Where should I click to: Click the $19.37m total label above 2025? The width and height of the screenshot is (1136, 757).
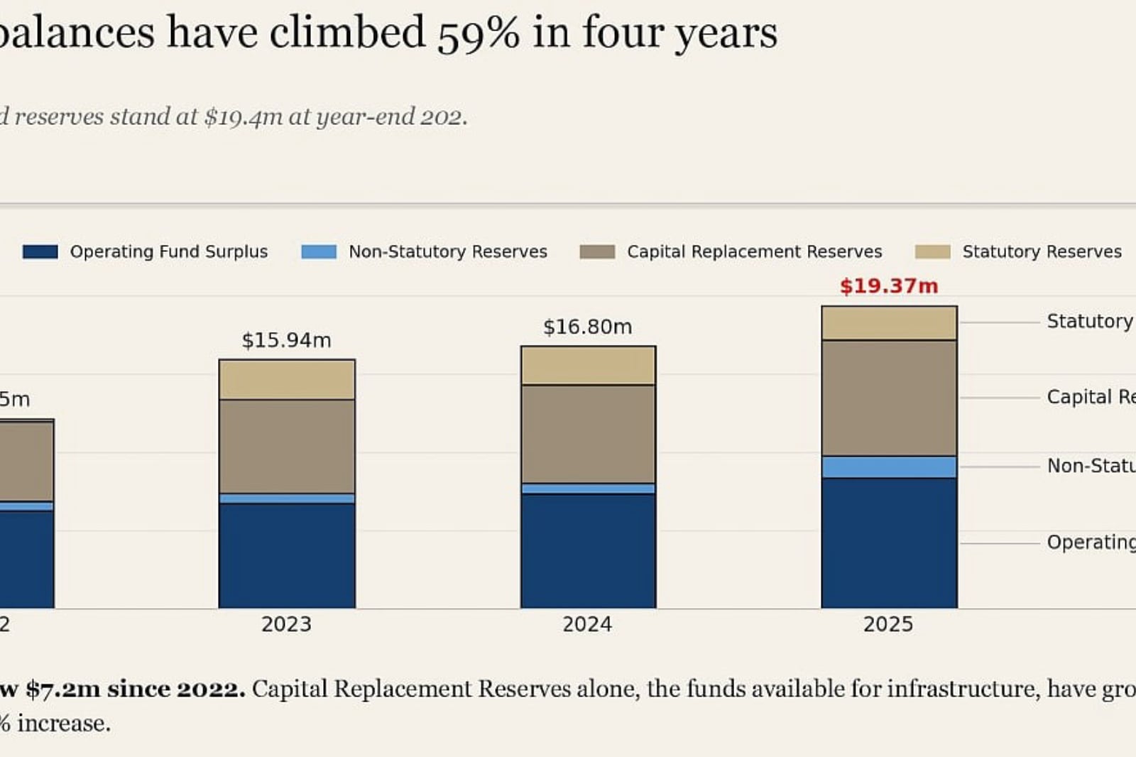tap(889, 286)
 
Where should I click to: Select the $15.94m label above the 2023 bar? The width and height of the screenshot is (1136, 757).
tap(287, 340)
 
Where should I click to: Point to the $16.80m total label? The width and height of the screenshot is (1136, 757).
tap(588, 327)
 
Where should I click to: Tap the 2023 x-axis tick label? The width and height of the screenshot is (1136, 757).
tap(287, 624)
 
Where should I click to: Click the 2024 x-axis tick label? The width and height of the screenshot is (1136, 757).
tap(587, 624)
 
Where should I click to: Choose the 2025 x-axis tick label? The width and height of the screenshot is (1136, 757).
tap(888, 624)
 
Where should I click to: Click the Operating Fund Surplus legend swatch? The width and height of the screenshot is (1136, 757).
tap(40, 251)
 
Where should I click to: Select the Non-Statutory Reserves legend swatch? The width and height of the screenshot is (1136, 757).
tap(319, 251)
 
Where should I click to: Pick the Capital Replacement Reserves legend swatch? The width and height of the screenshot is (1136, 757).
tap(597, 251)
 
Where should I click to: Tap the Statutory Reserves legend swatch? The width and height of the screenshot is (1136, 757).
tap(933, 251)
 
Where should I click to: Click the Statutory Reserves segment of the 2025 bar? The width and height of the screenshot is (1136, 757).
tap(890, 323)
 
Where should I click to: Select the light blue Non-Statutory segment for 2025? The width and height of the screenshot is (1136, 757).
tap(890, 467)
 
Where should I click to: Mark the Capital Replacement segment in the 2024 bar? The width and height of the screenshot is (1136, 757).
tap(589, 435)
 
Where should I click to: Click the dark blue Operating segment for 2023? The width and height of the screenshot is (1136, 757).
tap(287, 555)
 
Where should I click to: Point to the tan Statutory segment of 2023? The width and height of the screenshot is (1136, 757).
tap(287, 380)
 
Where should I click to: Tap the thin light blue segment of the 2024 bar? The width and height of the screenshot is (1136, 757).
tap(589, 489)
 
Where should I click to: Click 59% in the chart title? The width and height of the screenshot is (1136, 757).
tap(479, 33)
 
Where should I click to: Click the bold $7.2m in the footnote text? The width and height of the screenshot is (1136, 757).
tap(63, 690)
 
